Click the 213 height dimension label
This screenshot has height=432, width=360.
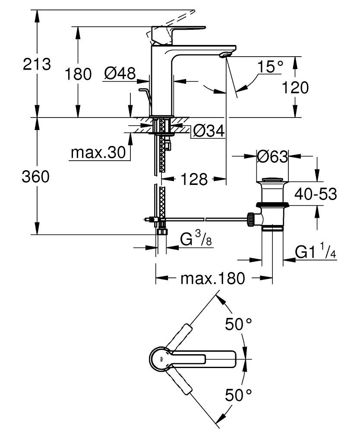tap(37, 64)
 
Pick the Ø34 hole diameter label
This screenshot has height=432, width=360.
tap(209, 131)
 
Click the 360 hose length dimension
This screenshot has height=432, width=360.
tap(37, 177)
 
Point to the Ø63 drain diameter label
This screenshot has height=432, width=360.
tap(272, 156)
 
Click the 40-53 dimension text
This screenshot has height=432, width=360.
tap(315, 194)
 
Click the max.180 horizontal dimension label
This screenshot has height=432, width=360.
tap(213, 278)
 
